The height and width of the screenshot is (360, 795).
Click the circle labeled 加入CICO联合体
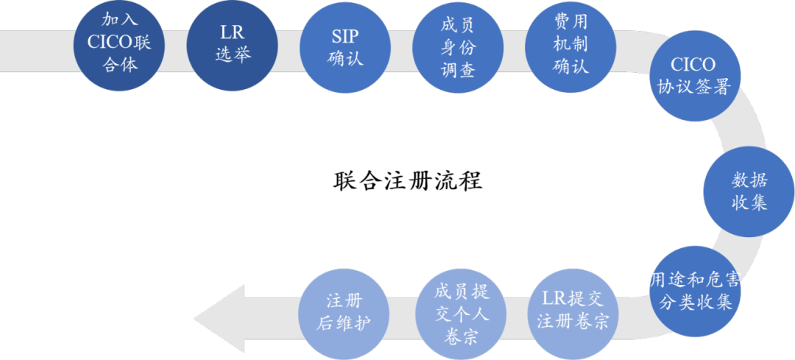(119, 43)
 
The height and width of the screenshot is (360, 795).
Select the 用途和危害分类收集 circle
(694, 291)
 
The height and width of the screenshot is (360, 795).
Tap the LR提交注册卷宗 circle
(573, 311)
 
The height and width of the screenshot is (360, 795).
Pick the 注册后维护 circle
(344, 312)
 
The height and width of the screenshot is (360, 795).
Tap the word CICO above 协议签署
(693, 66)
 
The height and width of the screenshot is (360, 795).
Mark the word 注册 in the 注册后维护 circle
(345, 301)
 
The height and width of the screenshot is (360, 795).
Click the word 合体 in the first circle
(119, 65)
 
